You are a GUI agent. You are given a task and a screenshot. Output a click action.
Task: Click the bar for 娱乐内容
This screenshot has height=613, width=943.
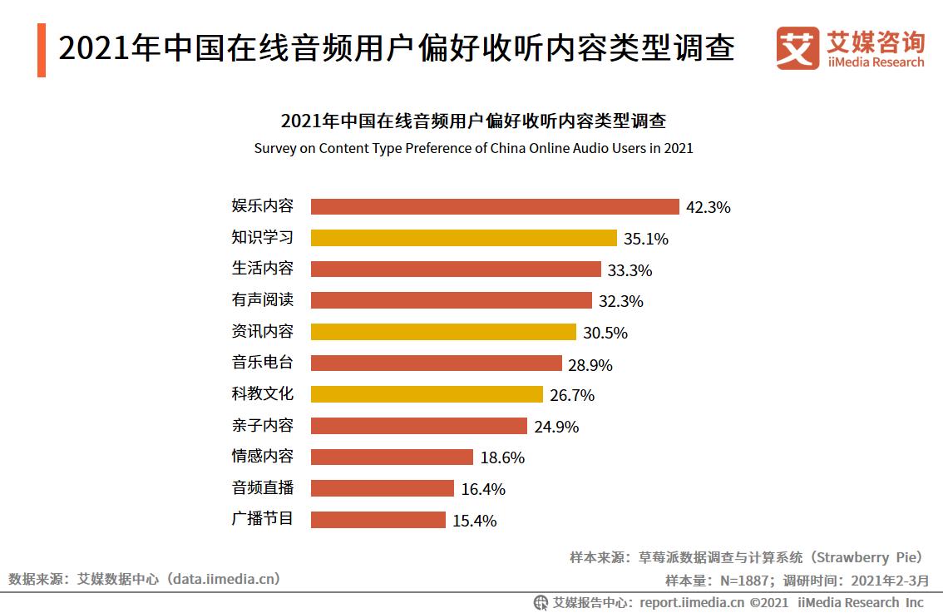(495, 207)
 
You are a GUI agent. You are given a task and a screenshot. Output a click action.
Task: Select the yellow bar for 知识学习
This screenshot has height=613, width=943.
(464, 238)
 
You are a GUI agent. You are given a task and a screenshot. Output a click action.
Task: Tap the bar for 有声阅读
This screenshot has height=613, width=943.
(452, 300)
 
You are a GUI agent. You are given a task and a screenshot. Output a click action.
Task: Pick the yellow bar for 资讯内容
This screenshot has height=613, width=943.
(443, 332)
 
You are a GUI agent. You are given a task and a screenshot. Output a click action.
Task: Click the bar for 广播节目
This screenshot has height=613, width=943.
(378, 520)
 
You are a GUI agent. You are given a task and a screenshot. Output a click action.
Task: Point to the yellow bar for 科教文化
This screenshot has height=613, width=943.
(427, 394)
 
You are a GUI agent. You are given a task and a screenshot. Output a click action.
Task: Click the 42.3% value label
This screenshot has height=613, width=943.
(708, 208)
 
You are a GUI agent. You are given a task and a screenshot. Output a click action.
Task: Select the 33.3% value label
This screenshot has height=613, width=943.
(629, 270)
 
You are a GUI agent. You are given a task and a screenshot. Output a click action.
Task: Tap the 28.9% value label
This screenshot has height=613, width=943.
(590, 364)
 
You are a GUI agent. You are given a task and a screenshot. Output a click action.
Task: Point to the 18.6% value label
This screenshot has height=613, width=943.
(502, 457)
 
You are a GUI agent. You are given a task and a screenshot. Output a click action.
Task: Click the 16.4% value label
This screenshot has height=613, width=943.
(483, 489)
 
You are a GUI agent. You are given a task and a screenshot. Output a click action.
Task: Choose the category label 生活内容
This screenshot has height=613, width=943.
(262, 269)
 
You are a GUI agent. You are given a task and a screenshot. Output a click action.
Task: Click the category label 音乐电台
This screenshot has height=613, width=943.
(262, 363)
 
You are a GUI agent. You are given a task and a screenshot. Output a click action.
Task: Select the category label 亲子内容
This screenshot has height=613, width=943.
(262, 425)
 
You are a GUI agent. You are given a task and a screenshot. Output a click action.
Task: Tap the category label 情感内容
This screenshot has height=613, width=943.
(262, 456)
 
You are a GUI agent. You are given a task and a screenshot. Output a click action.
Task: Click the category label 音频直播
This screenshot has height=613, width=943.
(262, 487)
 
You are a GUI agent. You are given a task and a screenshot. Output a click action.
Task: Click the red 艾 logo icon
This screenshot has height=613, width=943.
(797, 48)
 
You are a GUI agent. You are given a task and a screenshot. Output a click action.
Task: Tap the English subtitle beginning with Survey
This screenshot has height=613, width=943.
(473, 149)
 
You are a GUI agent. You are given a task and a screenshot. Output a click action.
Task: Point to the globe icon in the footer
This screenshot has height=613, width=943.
(541, 602)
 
